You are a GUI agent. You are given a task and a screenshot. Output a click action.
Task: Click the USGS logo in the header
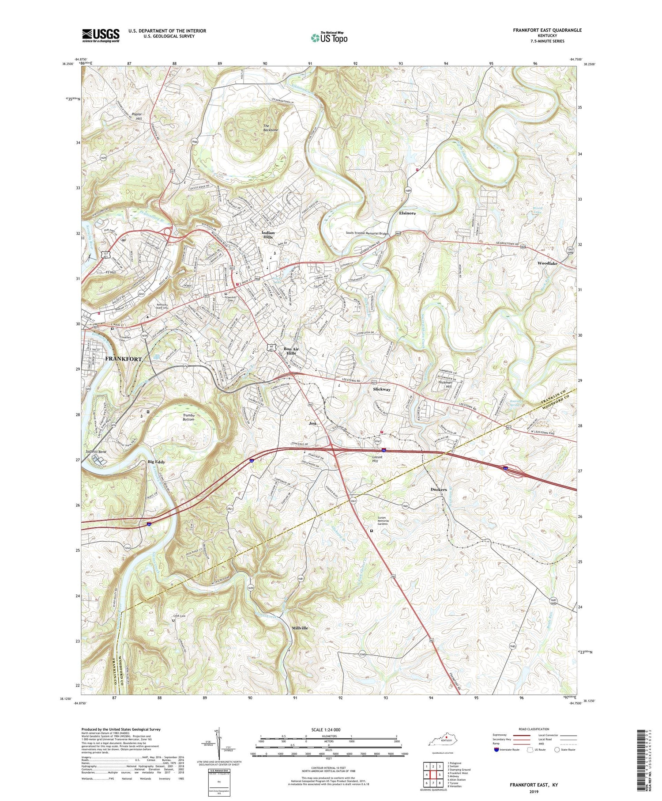(x=101, y=35)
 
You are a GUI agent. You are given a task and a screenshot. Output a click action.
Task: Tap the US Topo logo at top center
(x=329, y=38)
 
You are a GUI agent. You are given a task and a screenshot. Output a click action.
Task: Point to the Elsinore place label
(x=407, y=213)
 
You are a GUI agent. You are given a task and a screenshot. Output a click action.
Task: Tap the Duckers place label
(x=438, y=490)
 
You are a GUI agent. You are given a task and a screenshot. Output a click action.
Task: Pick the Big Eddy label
(x=156, y=462)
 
